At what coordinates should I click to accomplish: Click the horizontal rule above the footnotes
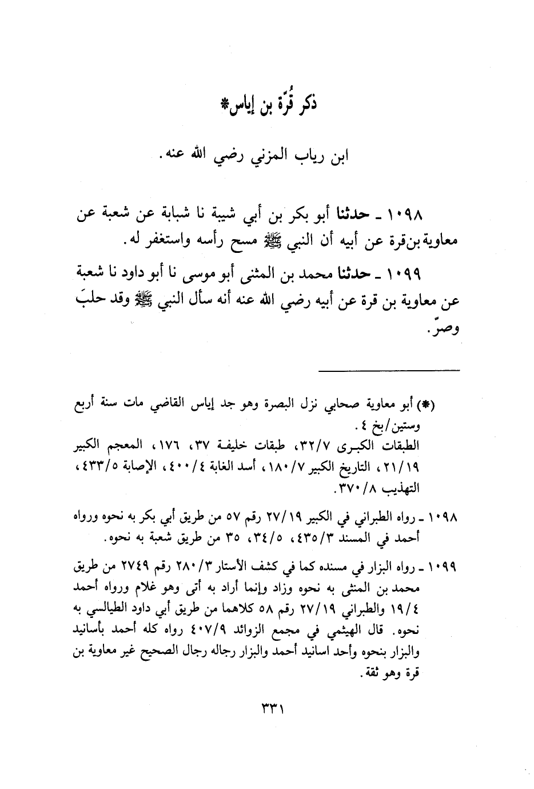(389, 371)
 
